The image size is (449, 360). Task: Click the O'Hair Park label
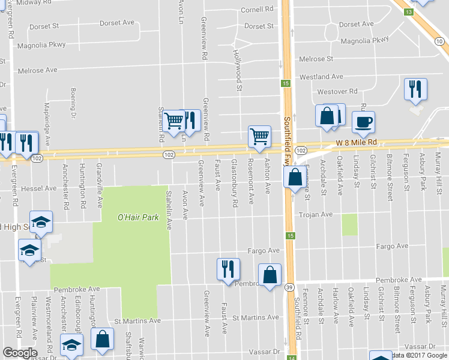138,217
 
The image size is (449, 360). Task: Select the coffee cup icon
363,123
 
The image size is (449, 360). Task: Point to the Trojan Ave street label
316,214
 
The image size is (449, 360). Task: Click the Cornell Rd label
257,10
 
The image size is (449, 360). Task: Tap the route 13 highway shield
408,12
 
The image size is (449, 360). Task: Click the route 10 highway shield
441,41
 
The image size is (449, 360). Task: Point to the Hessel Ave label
38,188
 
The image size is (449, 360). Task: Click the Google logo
20,353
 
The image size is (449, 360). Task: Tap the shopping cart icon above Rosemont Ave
259,137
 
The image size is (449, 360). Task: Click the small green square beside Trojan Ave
349,224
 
